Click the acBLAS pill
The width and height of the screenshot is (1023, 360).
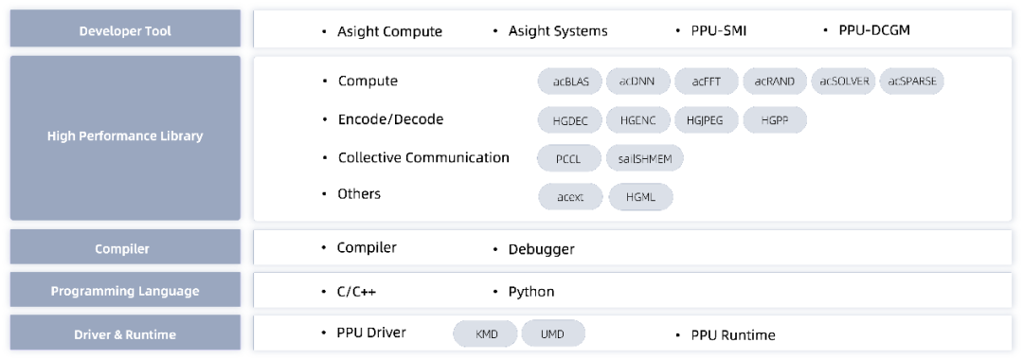click(x=571, y=81)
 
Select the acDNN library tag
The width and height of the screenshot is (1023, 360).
click(x=638, y=81)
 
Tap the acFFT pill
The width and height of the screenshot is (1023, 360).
click(x=707, y=81)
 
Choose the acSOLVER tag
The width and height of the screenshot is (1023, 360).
click(x=844, y=81)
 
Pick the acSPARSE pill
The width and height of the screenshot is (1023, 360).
click(x=911, y=81)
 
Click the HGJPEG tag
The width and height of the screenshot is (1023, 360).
click(x=707, y=120)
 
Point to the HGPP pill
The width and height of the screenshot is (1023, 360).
click(x=775, y=120)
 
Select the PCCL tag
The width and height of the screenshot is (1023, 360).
click(x=569, y=158)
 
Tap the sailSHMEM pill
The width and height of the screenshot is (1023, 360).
click(x=645, y=158)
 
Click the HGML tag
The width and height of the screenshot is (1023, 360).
click(x=640, y=197)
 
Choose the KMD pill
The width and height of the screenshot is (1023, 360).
click(x=486, y=333)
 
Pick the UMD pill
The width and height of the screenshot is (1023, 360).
click(x=553, y=333)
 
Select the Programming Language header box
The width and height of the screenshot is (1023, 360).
click(x=125, y=290)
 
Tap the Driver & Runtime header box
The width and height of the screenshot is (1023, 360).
click(x=125, y=333)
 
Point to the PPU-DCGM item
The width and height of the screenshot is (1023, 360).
click(x=873, y=30)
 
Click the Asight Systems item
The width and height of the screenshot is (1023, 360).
click(x=558, y=30)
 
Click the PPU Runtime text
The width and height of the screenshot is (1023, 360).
click(x=733, y=335)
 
